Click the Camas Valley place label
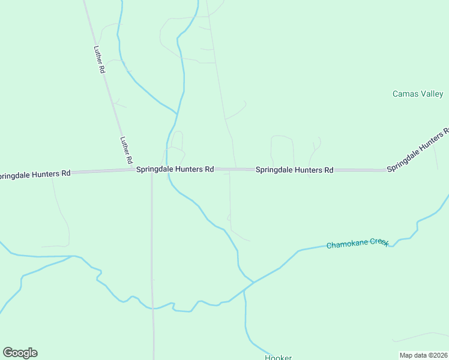click(418, 94)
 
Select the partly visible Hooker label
click(279, 358)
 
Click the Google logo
click(20, 353)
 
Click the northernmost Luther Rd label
click(100, 60)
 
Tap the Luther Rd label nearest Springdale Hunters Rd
click(125, 151)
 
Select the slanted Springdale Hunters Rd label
click(418, 150)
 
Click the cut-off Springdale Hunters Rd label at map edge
click(35, 174)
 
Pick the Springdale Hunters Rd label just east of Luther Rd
click(175, 170)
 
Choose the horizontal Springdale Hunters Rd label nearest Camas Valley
click(294, 170)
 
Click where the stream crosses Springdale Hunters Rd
click(167, 170)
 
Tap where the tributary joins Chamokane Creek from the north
click(253, 281)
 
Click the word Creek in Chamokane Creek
click(379, 242)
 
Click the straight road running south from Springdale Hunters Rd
click(152, 240)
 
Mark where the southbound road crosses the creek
click(153, 308)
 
